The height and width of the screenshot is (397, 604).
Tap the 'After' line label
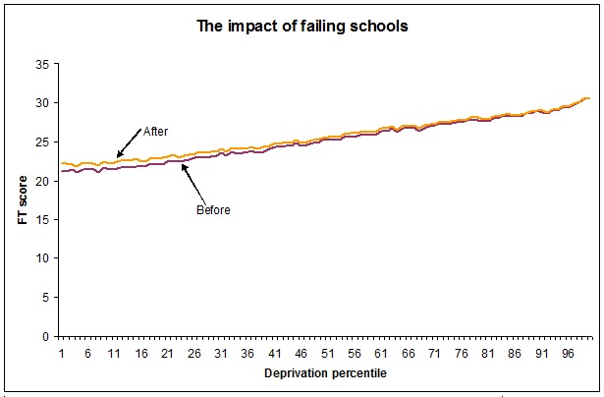click(156, 132)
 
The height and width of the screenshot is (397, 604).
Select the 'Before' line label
click(213, 210)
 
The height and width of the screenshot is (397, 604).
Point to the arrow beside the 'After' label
click(128, 144)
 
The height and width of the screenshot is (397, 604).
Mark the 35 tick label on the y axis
click(41, 64)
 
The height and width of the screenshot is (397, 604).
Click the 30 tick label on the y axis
click(41, 103)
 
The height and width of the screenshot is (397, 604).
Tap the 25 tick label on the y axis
click(41, 142)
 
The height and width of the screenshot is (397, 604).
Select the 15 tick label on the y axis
click(41, 219)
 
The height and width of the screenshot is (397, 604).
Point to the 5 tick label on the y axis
click(44, 297)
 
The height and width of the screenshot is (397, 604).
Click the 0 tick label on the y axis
click(44, 336)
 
